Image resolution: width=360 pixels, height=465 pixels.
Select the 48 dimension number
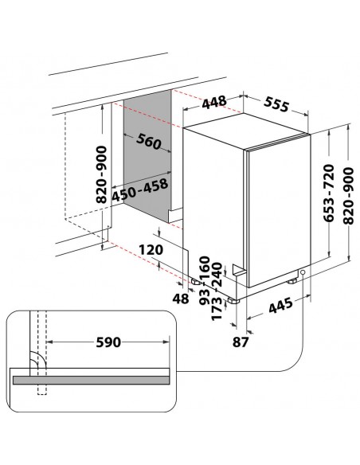(182, 298)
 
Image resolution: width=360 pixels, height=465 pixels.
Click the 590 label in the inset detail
(108, 343)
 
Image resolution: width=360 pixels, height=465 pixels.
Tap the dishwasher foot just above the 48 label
(195, 281)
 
